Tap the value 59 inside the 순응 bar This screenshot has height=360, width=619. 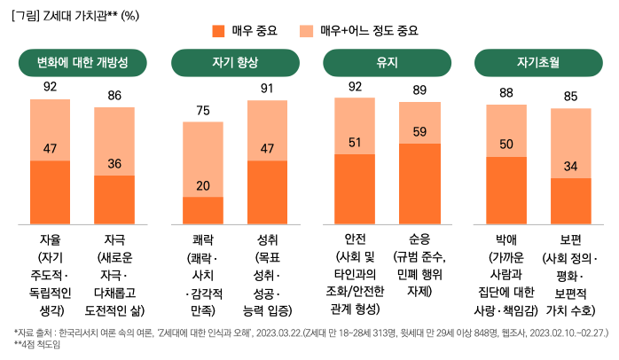coord(419,132)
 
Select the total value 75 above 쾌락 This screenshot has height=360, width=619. coord(203,111)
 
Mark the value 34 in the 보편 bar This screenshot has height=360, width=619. coord(571,166)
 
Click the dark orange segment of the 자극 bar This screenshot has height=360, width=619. coord(114,200)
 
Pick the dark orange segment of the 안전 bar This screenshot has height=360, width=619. coord(355,188)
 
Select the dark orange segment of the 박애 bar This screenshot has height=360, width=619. coord(507,190)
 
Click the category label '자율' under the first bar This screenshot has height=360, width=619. coord(51,240)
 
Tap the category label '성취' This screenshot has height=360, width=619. coord(267,240)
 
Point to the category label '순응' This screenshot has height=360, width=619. coord(419,240)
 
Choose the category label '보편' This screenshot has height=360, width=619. coord(571,240)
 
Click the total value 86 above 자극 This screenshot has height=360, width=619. coord(114,95)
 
